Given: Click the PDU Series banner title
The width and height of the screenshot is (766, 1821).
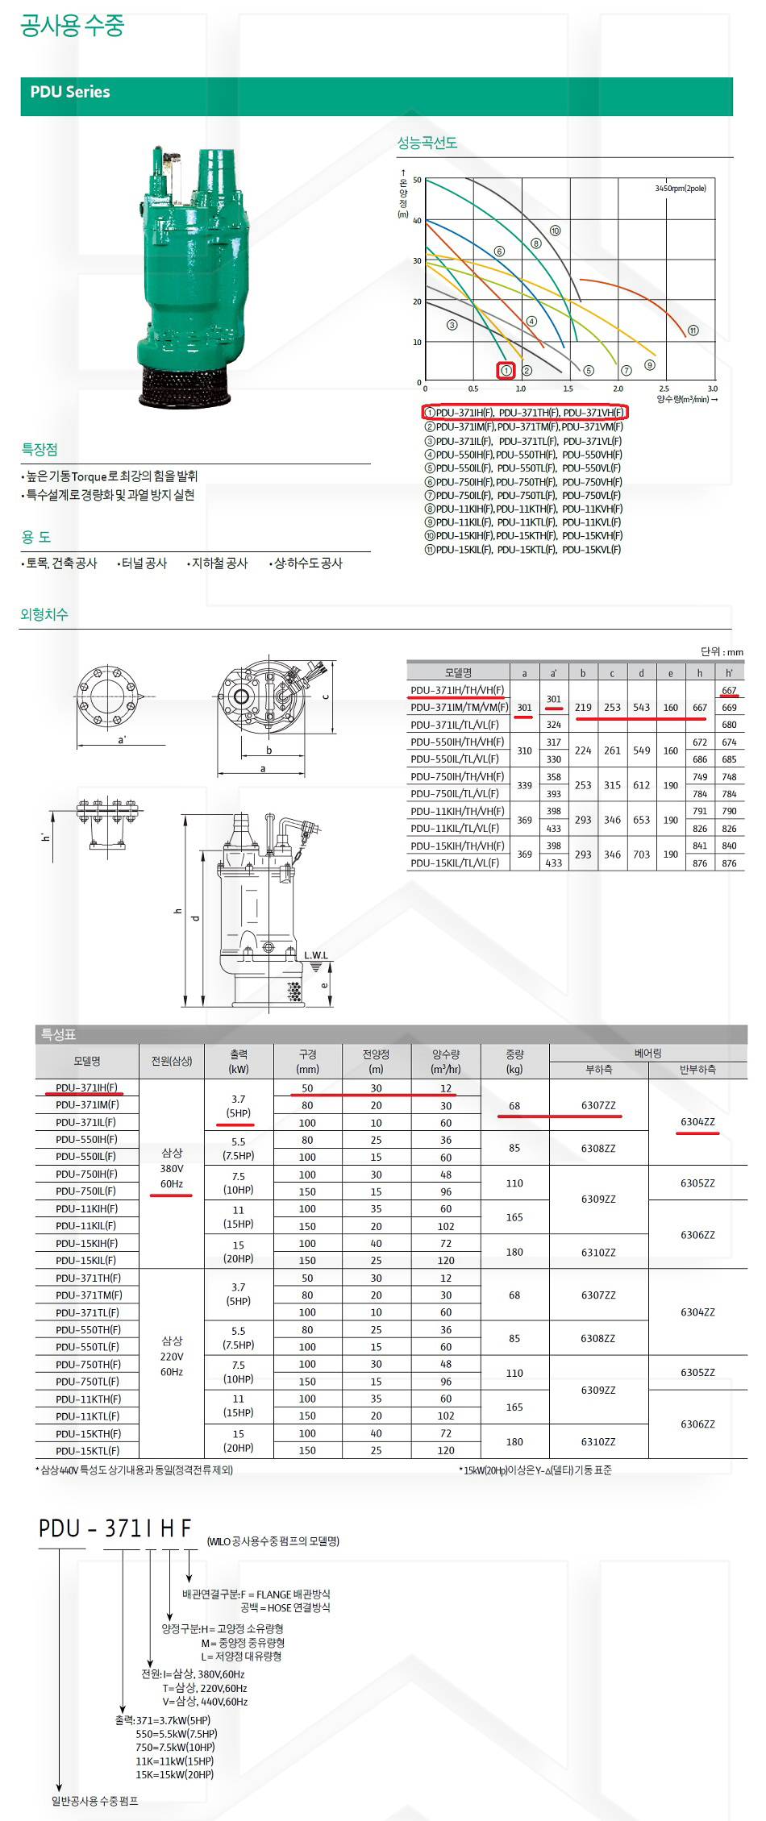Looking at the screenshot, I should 70,92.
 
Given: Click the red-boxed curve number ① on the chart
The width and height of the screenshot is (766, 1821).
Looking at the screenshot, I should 506,371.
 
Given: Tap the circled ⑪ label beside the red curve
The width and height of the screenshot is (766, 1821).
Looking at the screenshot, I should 693,331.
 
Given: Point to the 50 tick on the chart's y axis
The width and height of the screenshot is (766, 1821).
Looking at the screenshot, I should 417,181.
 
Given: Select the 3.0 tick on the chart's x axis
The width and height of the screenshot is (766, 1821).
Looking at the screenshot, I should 712,389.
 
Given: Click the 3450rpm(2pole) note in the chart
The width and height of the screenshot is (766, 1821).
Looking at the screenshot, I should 681,189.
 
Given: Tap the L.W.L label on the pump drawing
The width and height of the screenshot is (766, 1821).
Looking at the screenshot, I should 316,955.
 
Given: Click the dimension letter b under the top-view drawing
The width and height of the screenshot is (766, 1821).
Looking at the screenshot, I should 269,750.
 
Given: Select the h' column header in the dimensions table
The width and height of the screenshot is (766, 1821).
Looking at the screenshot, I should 729,672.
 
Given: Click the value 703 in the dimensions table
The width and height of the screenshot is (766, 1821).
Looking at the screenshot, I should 641,854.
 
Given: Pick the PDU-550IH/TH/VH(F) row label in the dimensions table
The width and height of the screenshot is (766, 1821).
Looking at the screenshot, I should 457,742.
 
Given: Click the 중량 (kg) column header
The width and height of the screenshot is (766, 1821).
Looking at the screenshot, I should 514,1061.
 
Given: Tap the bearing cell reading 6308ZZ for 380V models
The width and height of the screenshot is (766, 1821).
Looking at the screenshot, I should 598,1148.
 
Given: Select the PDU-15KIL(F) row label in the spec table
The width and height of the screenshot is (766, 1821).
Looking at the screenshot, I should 86,1260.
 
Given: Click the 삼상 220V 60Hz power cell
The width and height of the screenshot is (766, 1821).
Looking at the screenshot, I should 172,1356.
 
